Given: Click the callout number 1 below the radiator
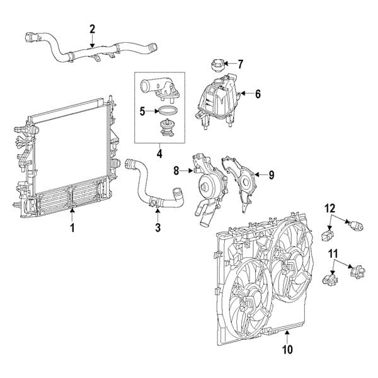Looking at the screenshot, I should [72, 227].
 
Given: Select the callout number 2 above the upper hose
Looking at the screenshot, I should [93, 28].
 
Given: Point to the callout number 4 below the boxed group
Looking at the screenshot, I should [160, 153].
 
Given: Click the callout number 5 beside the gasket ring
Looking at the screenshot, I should [142, 112].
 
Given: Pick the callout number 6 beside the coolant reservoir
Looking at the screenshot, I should [257, 93].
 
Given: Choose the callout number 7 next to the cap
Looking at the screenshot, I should [240, 64].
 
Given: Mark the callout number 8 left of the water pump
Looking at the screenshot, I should [177, 169].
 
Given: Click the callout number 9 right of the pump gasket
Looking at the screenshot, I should [271, 175].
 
